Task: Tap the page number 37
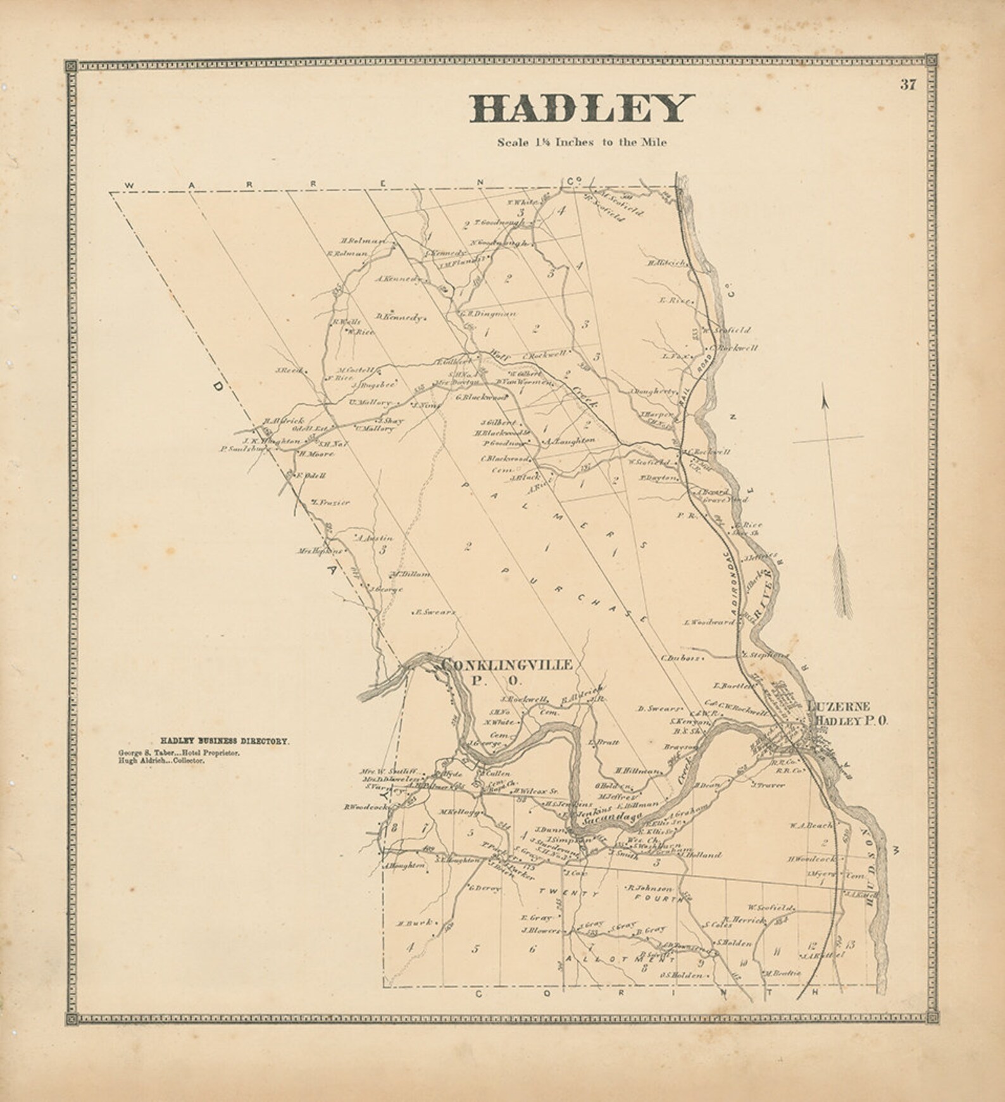click(908, 85)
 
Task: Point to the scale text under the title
click(581, 142)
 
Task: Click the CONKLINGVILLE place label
click(508, 665)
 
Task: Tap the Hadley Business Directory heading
click(225, 739)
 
